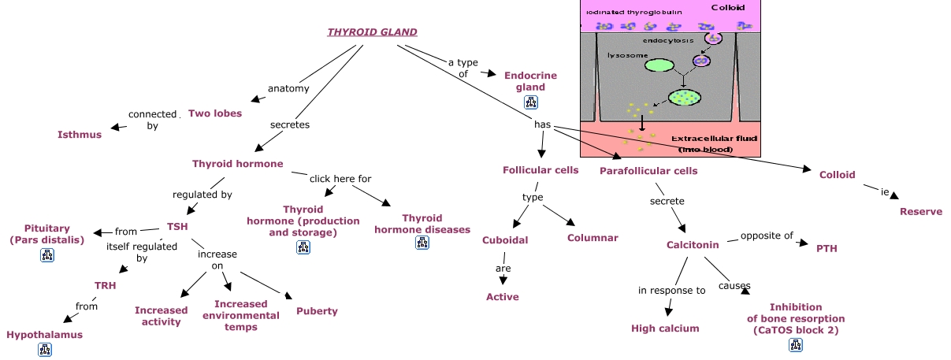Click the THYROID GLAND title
pyautogui.click(x=372, y=32)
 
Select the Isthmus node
pyautogui.click(x=80, y=135)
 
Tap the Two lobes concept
pyautogui.click(x=215, y=113)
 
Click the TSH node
pyautogui.click(x=177, y=226)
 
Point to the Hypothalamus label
pyautogui.click(x=44, y=335)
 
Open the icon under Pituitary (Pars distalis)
pyautogui.click(x=46, y=254)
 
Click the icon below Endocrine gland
pyautogui.click(x=530, y=102)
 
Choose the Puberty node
pyautogui.click(x=317, y=311)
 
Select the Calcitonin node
pyautogui.click(x=693, y=245)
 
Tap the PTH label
pyautogui.click(x=827, y=249)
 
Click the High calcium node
pyautogui.click(x=665, y=328)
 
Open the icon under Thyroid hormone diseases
pyautogui.click(x=422, y=243)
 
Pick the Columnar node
pyautogui.click(x=593, y=238)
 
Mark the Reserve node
pyautogui.click(x=921, y=212)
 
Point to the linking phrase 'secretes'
pyautogui.click(x=290, y=124)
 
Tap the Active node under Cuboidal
pyautogui.click(x=503, y=297)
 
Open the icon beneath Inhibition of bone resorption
pyautogui.click(x=796, y=345)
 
